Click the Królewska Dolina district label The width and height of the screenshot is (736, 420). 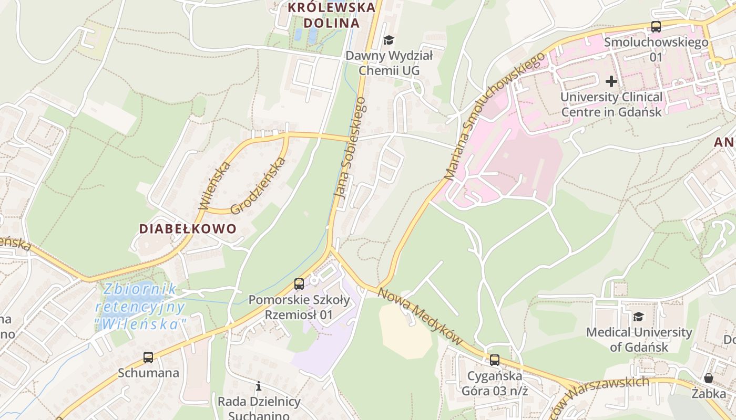pyautogui.click(x=332, y=15)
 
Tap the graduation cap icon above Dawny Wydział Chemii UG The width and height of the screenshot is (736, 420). pyautogui.click(x=389, y=40)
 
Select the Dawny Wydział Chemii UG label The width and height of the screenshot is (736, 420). pyautogui.click(x=389, y=63)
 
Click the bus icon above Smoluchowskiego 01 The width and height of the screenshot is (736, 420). pyautogui.click(x=656, y=26)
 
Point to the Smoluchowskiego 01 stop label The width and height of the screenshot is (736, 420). pyautogui.click(x=656, y=49)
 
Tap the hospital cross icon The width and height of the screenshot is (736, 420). pyautogui.click(x=611, y=81)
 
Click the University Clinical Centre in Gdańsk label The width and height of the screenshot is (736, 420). pyautogui.click(x=611, y=104)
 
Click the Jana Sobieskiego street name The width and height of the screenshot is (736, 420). pyautogui.click(x=350, y=148)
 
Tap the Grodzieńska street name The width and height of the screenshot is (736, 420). pyautogui.click(x=258, y=185)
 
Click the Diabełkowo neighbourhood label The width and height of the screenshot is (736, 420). pyautogui.click(x=188, y=229)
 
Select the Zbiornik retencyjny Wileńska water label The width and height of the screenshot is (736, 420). pyautogui.click(x=141, y=307)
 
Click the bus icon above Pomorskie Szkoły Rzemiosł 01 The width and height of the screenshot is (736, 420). pyautogui.click(x=299, y=284)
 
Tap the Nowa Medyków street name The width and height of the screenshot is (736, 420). pyautogui.click(x=420, y=317)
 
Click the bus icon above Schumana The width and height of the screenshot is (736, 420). pyautogui.click(x=148, y=358)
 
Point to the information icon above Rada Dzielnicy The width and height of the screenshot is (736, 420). pyautogui.click(x=258, y=386)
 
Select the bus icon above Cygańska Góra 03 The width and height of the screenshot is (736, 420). pyautogui.click(x=494, y=360)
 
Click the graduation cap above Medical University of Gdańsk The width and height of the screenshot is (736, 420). pyautogui.click(x=638, y=317)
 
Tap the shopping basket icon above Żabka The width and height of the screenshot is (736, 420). pyautogui.click(x=708, y=378)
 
